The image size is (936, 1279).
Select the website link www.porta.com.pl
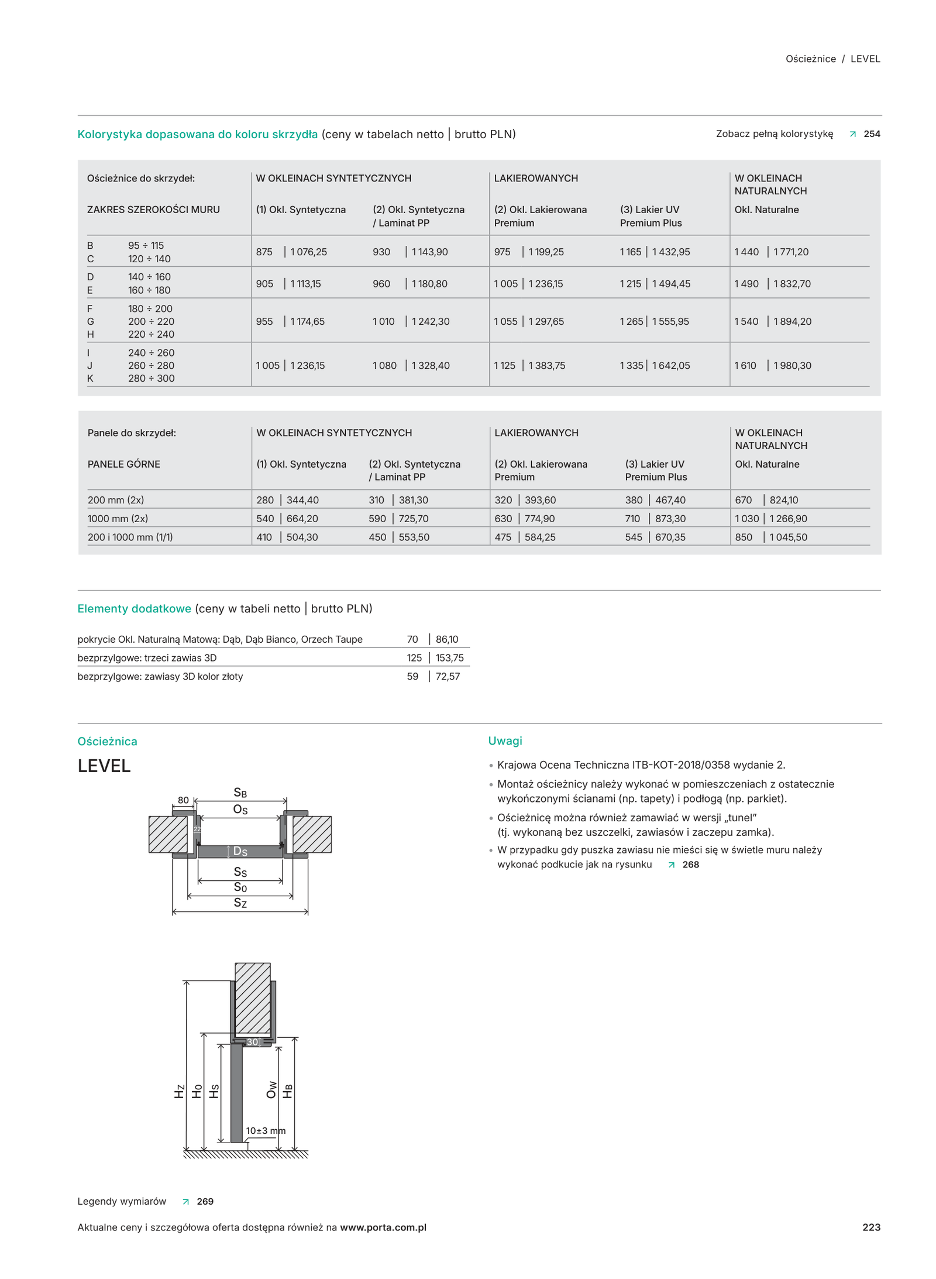pyautogui.click(x=383, y=1227)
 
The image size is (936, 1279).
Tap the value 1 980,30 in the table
pyautogui.click(x=792, y=365)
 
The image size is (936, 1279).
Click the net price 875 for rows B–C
pyautogui.click(x=264, y=252)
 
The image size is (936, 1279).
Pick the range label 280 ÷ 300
pyautogui.click(x=151, y=378)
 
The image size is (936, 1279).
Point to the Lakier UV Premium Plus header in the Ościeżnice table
pyautogui.click(x=650, y=216)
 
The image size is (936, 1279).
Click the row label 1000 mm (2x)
pyautogui.click(x=118, y=518)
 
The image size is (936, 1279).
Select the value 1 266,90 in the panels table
pyautogui.click(x=788, y=518)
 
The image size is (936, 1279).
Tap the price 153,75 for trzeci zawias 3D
pyautogui.click(x=449, y=657)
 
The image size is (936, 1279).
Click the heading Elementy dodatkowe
pyautogui.click(x=134, y=608)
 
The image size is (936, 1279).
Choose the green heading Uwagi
pyautogui.click(x=504, y=740)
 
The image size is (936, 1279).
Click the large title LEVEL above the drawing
pyautogui.click(x=104, y=766)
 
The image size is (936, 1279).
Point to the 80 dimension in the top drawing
pyautogui.click(x=183, y=800)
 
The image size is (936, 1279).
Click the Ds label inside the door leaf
pyautogui.click(x=240, y=851)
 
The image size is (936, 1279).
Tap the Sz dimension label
pyautogui.click(x=240, y=903)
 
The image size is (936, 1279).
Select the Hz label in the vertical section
pyautogui.click(x=179, y=1091)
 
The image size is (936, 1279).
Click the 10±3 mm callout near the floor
pyautogui.click(x=266, y=1130)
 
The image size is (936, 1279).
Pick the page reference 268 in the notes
pyautogui.click(x=690, y=865)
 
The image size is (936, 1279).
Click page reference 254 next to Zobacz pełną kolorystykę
pyautogui.click(x=871, y=133)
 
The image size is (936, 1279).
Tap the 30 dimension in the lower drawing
pyautogui.click(x=252, y=1042)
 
